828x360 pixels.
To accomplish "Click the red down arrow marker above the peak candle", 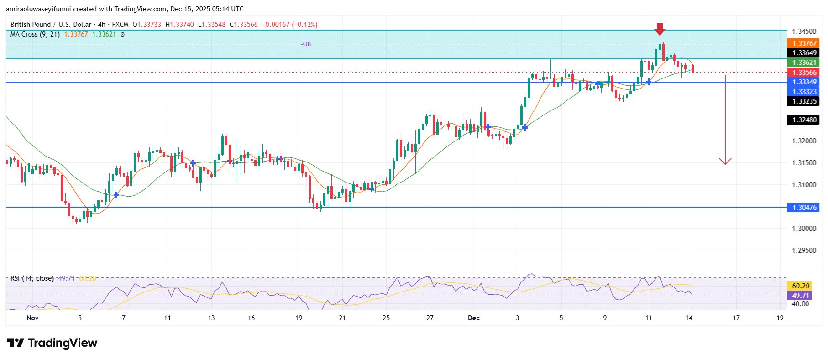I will [659, 29].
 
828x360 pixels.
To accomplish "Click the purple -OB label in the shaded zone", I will [306, 44].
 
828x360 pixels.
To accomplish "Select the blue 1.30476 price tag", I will [804, 208].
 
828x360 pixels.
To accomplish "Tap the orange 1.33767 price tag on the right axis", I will [804, 43].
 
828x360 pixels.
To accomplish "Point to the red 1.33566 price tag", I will [804, 73].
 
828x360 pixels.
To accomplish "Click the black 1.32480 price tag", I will [804, 120].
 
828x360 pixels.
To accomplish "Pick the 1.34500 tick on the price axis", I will [804, 31].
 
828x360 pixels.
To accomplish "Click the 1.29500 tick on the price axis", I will [804, 250].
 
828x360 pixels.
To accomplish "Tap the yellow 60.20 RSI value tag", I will [801, 286].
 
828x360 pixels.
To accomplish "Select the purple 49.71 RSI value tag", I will [801, 295].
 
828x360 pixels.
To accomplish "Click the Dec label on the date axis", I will [473, 318].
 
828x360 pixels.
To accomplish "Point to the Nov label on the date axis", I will [32, 318].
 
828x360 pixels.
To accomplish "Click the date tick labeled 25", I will [386, 318].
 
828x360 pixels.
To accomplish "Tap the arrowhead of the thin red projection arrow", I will [725, 162].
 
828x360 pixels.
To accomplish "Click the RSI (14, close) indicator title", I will [32, 278].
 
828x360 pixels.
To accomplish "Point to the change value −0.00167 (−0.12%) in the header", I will [289, 25].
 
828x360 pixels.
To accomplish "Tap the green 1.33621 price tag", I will [804, 63].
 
